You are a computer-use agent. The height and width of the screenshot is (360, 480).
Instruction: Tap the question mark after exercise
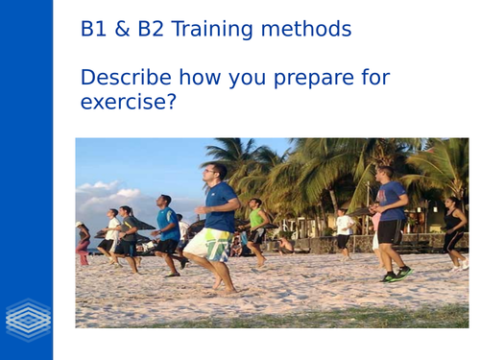pos(170,100)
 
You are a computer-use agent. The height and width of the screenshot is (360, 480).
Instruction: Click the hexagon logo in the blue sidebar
pos(26,317)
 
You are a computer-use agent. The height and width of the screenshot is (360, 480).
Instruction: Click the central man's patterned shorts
pos(207,244)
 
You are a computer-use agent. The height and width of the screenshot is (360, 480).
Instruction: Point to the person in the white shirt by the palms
pos(343,229)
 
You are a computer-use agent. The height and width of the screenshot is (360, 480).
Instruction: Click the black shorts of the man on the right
pos(390,231)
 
